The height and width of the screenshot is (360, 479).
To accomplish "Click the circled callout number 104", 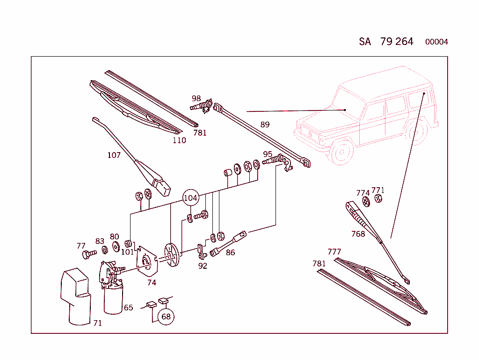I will click(x=190, y=198).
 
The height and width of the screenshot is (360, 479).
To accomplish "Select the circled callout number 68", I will click(x=166, y=316).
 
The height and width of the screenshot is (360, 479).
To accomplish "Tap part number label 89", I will click(x=265, y=125).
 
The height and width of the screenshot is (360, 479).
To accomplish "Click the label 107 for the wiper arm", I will click(x=114, y=155).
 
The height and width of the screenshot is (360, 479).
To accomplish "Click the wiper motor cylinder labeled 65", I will click(x=113, y=300).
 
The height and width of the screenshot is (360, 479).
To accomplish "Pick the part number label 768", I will click(x=358, y=234).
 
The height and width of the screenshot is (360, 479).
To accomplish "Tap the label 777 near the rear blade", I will click(x=334, y=252).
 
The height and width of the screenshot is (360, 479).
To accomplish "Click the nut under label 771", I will click(x=379, y=198).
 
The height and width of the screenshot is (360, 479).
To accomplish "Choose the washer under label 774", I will click(x=366, y=201).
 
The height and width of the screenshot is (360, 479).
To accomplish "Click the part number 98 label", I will click(x=196, y=98).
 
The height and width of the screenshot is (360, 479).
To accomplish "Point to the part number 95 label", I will click(x=268, y=154).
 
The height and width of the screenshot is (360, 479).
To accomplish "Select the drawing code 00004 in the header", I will click(x=436, y=42).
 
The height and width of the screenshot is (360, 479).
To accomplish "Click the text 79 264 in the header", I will click(x=397, y=41).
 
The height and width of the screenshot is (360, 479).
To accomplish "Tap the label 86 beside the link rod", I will click(x=230, y=253).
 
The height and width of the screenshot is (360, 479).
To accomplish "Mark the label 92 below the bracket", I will click(x=203, y=266).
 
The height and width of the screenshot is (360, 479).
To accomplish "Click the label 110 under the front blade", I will click(x=179, y=140).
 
